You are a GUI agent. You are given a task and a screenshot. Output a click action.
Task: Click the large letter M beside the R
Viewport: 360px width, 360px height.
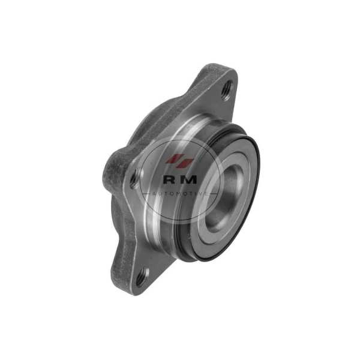189,179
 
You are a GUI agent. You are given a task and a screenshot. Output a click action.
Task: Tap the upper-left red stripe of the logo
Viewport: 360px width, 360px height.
174,158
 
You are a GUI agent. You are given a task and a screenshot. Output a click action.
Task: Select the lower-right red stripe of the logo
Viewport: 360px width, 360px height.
186,163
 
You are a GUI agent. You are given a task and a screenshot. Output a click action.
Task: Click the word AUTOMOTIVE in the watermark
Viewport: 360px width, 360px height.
180,194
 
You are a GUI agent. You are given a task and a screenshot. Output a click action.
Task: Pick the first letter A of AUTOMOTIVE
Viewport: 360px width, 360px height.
154,194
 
